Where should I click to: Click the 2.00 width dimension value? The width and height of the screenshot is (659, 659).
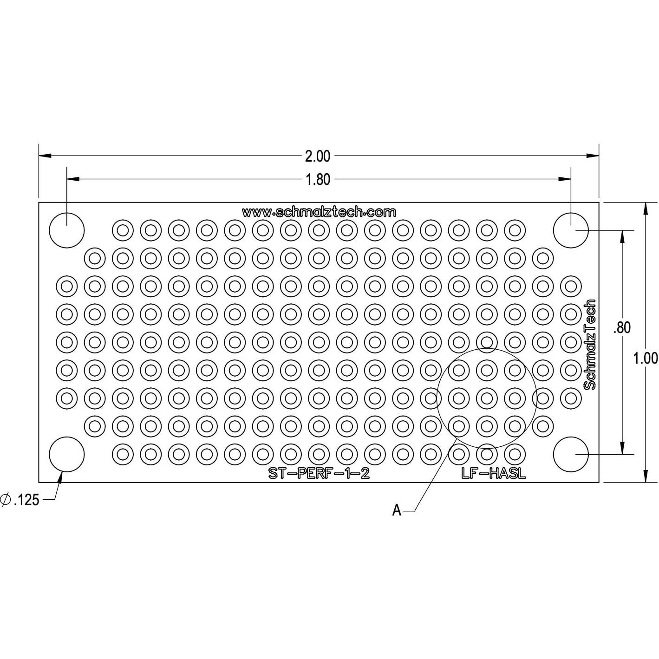coord(318,156)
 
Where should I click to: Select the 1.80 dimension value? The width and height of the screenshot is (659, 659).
coord(318,179)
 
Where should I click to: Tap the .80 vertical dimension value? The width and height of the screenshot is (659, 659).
coord(622,328)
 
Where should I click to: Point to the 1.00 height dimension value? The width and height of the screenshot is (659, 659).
coord(646,358)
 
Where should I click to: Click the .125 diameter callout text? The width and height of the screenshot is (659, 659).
coord(26,500)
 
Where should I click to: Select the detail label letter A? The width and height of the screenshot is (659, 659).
coord(397,510)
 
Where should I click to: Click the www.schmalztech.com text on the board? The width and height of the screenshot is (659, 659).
coord(319,212)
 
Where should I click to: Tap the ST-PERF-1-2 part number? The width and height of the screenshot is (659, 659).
coord(319,473)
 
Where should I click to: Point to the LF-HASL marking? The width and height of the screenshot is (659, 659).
coord(493,473)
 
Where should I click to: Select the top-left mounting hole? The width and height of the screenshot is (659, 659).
coord(67,230)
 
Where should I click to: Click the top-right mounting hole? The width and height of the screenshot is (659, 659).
coord(571,230)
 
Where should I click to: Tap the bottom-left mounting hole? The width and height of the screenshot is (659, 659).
coord(67,454)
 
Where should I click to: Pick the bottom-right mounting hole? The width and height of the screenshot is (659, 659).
coord(571,454)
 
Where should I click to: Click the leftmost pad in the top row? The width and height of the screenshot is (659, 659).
coord(123,230)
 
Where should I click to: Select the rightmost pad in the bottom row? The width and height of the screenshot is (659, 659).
coord(515,454)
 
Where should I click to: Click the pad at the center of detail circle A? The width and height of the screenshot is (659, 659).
coord(487,398)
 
